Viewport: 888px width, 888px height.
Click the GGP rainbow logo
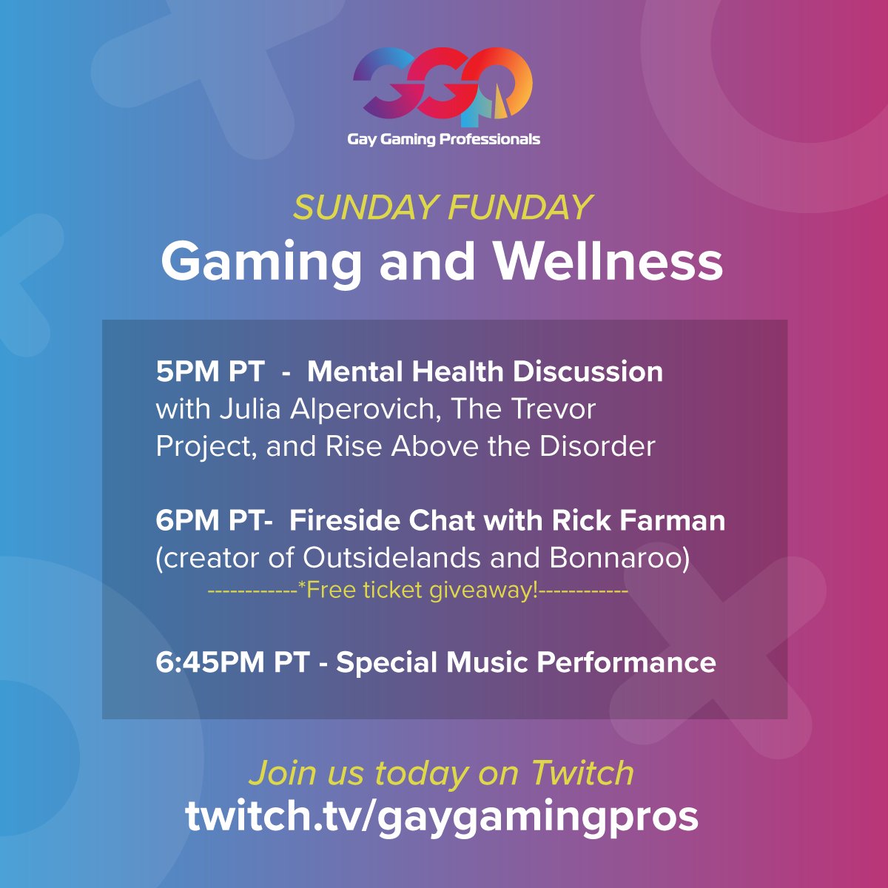click(443, 85)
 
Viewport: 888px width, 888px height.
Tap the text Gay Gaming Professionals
click(443, 139)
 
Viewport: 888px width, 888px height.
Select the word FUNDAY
click(520, 208)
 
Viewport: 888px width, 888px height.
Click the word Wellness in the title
click(608, 262)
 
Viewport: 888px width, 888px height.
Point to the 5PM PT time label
click(210, 371)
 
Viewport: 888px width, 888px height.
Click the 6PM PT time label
click(209, 521)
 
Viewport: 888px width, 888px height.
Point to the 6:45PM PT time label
click(232, 662)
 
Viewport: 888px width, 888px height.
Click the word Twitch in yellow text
click(582, 773)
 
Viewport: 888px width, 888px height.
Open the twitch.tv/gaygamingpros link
click(442, 816)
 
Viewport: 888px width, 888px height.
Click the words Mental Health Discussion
click(485, 371)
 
